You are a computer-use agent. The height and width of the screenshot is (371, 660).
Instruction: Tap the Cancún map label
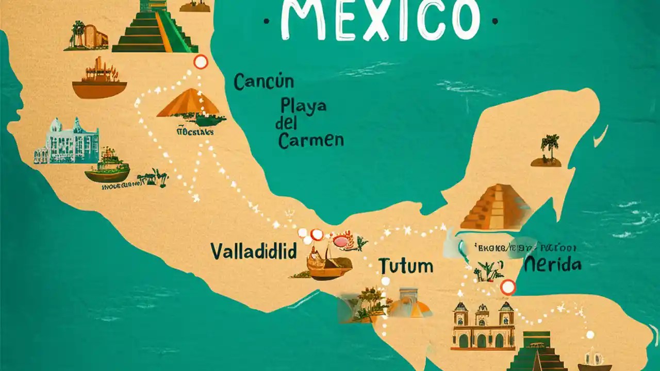coord(263,81)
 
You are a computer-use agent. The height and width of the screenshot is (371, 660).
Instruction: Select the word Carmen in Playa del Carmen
coord(311,140)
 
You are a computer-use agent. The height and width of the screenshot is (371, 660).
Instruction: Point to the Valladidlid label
coord(254,252)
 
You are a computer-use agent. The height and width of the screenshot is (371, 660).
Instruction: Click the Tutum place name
coord(406,266)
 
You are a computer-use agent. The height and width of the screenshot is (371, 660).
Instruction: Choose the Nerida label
coord(553,265)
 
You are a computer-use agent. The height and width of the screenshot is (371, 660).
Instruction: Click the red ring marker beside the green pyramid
coord(200,62)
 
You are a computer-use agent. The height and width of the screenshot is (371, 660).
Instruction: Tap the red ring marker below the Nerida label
coord(508,287)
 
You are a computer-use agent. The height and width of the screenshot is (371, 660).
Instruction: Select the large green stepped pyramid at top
coord(155,28)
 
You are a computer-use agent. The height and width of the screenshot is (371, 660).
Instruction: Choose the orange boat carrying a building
coord(99,80)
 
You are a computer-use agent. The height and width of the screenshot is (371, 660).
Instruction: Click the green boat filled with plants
coord(107,167)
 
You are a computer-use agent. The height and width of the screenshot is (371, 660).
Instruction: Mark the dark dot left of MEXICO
coord(266,22)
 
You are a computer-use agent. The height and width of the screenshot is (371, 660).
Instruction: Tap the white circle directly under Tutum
coord(385,281)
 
